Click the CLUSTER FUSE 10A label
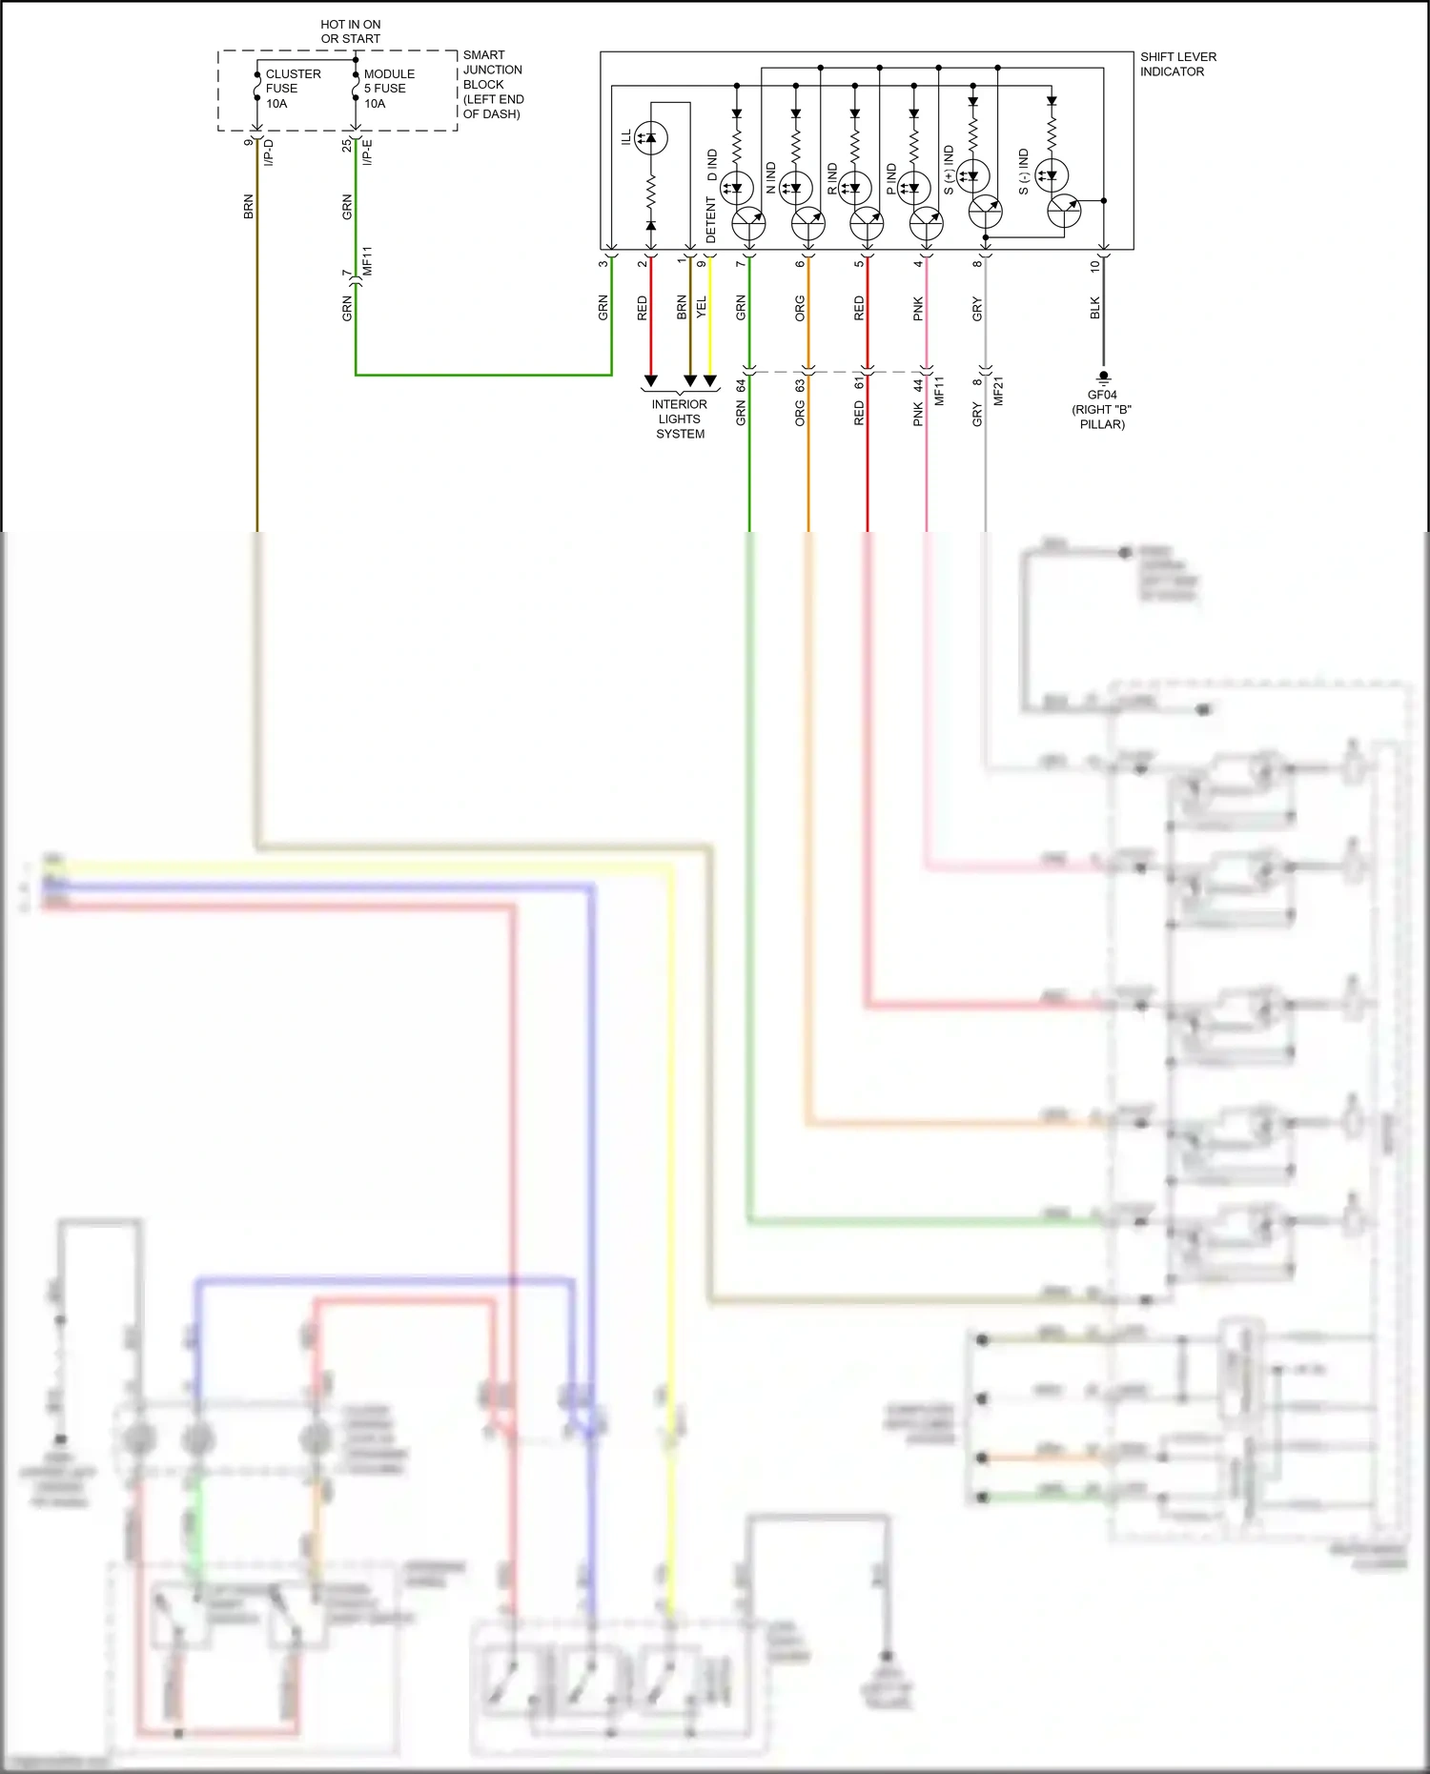[x=292, y=89]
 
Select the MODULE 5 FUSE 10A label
[x=388, y=89]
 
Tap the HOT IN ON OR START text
[x=350, y=31]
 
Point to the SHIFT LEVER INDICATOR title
[x=1177, y=64]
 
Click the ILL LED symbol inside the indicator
[x=651, y=138]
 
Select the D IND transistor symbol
[x=748, y=224]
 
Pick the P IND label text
[x=891, y=178]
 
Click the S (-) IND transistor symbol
[x=1063, y=211]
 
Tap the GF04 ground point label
[x=1102, y=395]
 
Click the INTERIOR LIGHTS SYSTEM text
[x=680, y=418]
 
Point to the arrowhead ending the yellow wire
[x=710, y=380]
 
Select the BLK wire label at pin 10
[x=1095, y=308]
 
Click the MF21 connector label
[x=999, y=391]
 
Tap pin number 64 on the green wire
[x=741, y=386]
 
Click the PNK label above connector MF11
[x=918, y=308]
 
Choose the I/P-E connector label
[x=368, y=153]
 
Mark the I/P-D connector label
[x=269, y=153]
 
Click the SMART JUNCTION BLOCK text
[x=493, y=84]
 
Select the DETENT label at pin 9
[x=711, y=220]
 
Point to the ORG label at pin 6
[x=800, y=308]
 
